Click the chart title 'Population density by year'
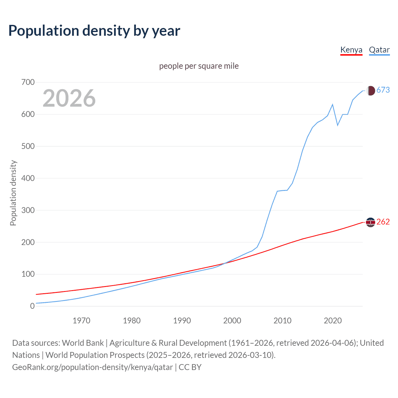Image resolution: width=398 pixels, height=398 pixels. point(94,31)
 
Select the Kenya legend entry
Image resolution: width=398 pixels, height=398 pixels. point(351,50)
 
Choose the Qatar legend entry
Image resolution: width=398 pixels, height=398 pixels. point(379,50)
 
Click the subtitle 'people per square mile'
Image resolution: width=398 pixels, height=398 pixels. point(199,66)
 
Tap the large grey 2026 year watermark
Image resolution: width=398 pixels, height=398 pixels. point(69,98)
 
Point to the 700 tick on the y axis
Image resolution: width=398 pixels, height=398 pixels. point(28,82)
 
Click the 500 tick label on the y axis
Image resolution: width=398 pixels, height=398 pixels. point(28,146)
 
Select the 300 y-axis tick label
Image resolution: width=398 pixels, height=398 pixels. point(28,210)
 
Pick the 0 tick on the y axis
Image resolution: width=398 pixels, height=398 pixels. point(32,306)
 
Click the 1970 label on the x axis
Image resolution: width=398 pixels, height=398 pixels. point(81,321)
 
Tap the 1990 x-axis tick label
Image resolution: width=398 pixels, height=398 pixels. point(182,321)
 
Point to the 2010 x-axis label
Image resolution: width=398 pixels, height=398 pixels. point(282,321)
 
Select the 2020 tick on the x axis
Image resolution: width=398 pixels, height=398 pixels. point(333,321)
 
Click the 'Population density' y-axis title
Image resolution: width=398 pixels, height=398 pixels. point(13,193)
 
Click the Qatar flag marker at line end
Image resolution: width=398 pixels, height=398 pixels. point(370,90)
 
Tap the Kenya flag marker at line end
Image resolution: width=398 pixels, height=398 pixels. point(370,222)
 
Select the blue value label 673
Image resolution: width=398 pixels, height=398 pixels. point(383,90)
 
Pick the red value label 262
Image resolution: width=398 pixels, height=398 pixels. point(383,222)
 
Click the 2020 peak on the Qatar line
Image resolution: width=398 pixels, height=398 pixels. point(333,104)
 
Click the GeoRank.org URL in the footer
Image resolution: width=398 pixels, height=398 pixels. point(92,367)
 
